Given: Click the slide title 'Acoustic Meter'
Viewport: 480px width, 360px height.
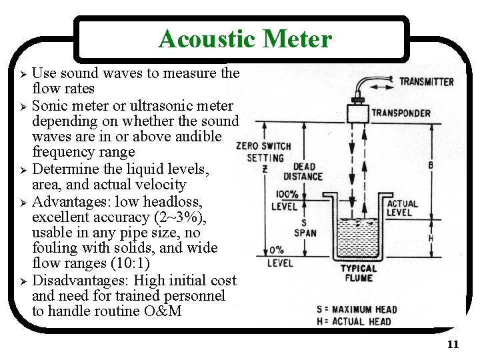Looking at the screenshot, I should [245, 39].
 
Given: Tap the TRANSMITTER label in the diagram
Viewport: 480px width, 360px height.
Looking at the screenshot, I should [427, 82].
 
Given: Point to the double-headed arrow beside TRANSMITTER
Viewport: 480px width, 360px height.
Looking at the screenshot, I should [385, 82].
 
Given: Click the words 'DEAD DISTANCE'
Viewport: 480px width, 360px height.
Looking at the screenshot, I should [303, 171].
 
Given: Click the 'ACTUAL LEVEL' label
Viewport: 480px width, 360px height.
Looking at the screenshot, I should [402, 208].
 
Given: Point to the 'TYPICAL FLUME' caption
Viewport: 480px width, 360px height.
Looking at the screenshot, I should [359, 273].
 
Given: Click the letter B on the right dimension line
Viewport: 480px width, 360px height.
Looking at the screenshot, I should [430, 164].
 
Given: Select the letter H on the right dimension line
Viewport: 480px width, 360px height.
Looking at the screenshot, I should [429, 239].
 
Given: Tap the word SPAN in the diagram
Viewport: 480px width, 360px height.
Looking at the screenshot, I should [305, 233].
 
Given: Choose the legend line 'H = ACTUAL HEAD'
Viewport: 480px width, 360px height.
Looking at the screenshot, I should [353, 321].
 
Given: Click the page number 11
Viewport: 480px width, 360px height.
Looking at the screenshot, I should [453, 345].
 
